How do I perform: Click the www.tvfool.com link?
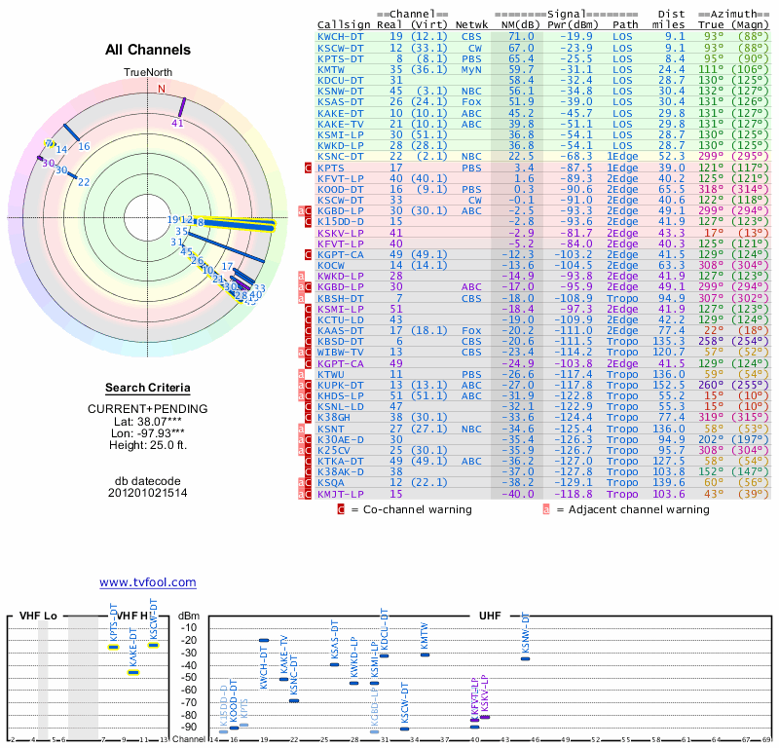coord(147,582)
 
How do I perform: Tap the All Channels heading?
coord(148,50)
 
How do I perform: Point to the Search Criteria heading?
coord(147,388)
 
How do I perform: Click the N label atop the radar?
coord(162,88)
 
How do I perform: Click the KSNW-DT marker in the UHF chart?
coord(525,658)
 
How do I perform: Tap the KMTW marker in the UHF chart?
coord(425,654)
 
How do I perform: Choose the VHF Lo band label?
coord(38,617)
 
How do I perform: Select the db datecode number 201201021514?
coord(148,493)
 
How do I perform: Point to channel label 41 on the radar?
coord(177,124)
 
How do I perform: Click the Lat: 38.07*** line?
coord(148,420)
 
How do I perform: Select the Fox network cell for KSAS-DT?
coord(470,100)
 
